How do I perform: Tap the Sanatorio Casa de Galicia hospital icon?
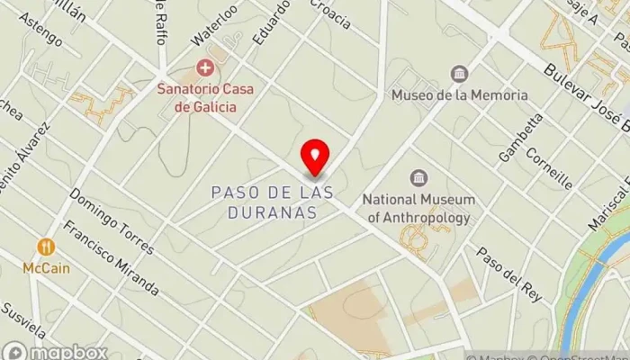click(x=205, y=67)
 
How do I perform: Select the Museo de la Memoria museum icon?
click(x=460, y=74)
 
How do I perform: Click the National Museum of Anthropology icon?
click(x=418, y=178)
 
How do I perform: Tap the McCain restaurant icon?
click(x=46, y=247)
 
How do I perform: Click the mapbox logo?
click(x=54, y=351)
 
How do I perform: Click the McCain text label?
click(x=47, y=267)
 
